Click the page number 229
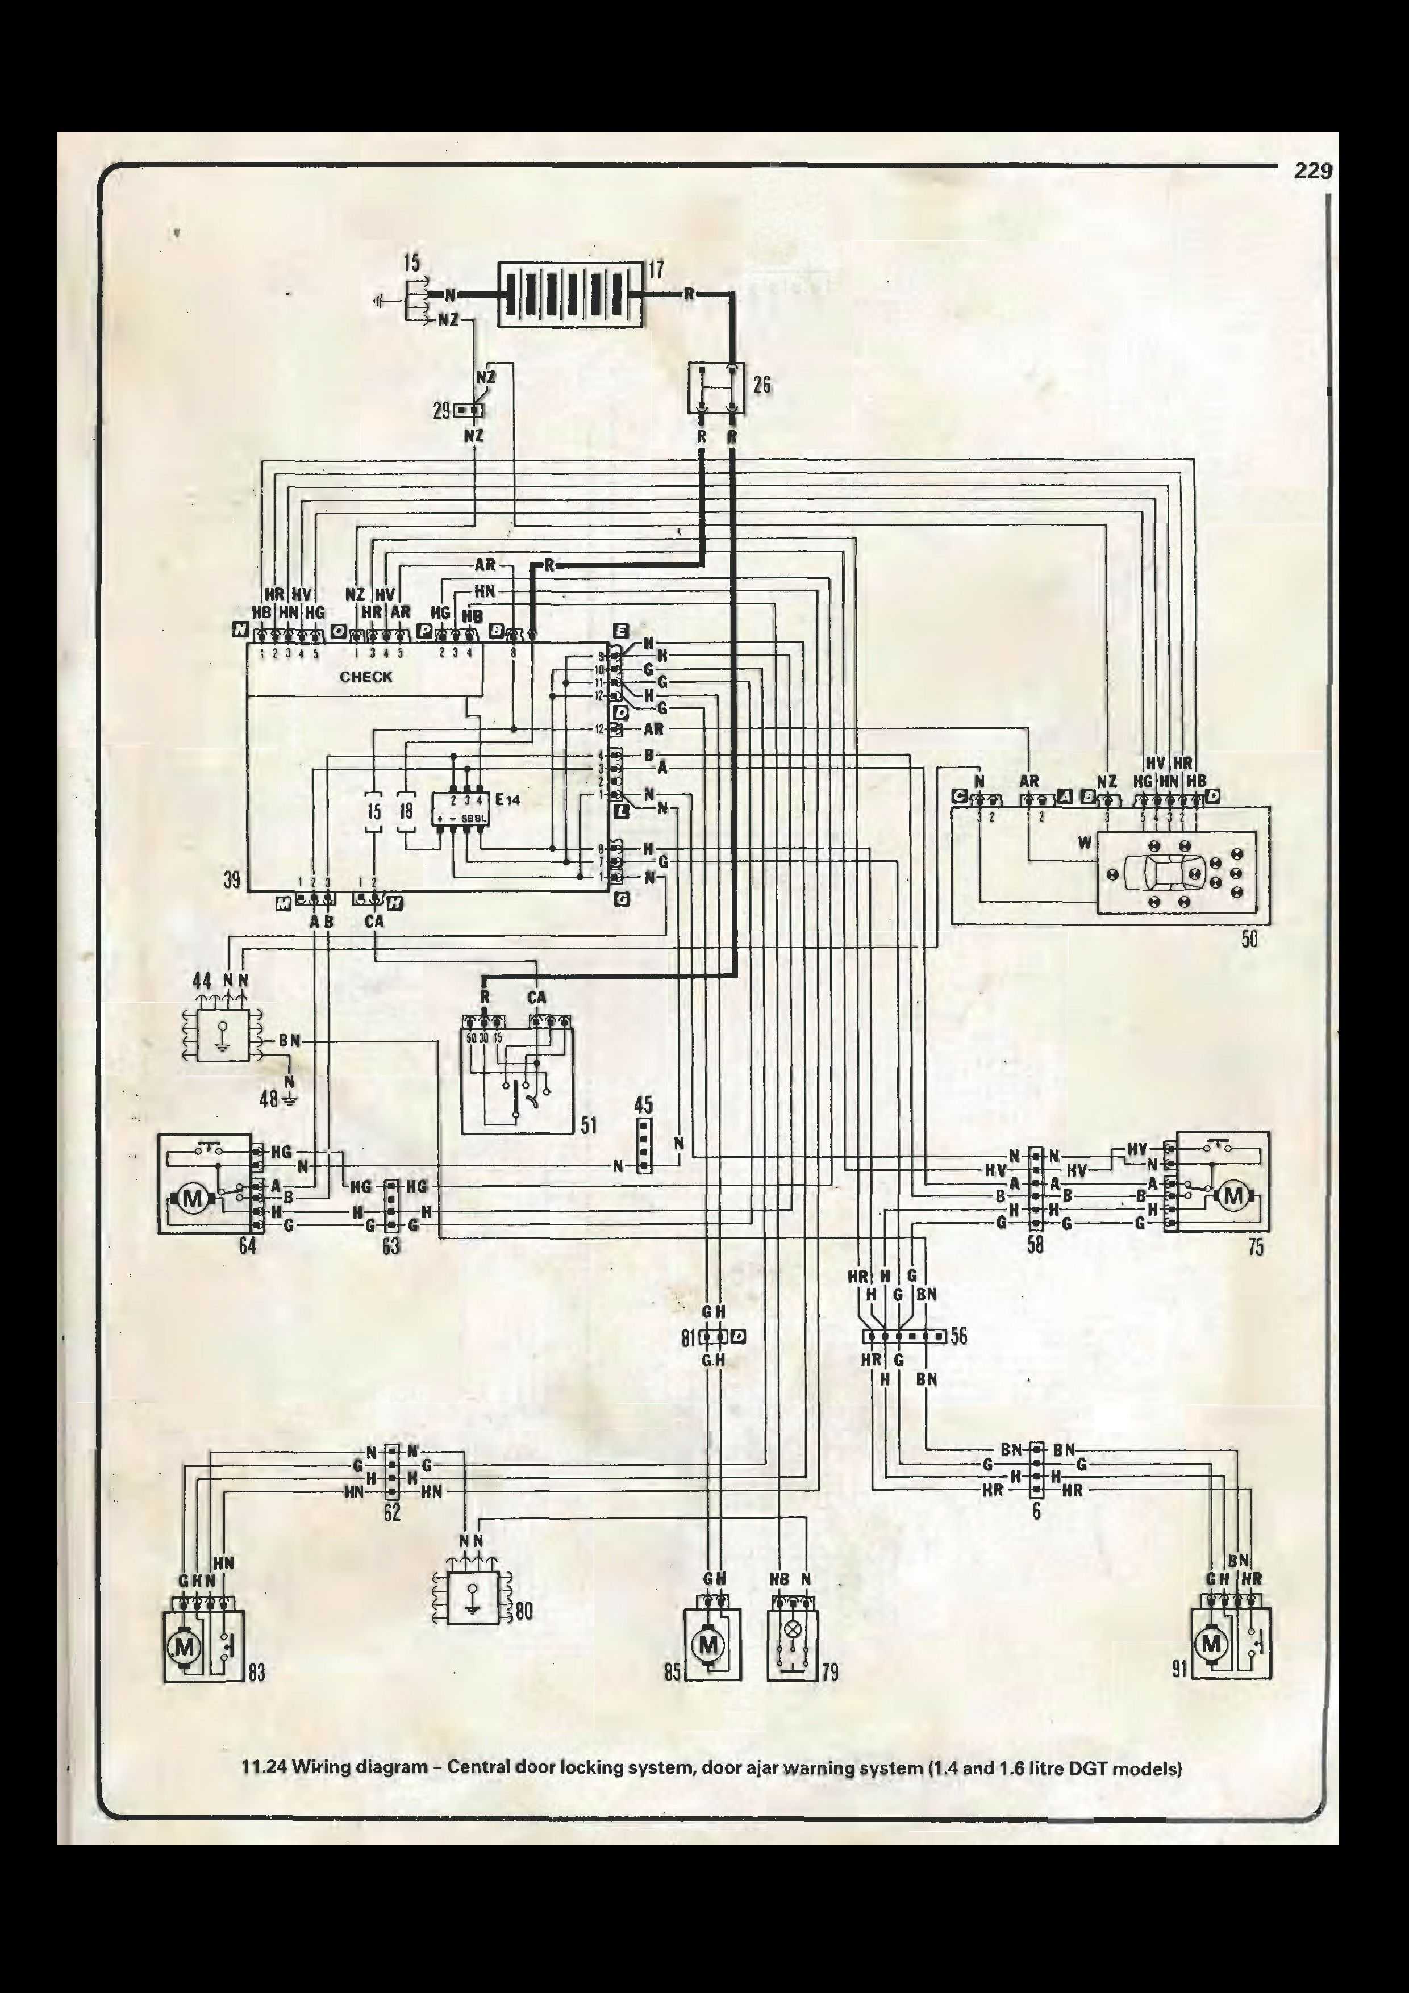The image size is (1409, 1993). pos(1312,171)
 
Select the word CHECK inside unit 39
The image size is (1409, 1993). pos(365,677)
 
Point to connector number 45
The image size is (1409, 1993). pos(643,1105)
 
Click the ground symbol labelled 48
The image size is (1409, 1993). pos(289,1099)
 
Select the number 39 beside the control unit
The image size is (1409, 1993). pos(232,879)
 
